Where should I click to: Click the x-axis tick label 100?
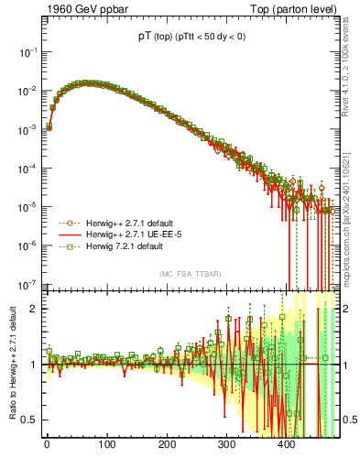click(x=106, y=446)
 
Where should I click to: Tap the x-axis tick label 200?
click(x=167, y=446)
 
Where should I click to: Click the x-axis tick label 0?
click(x=47, y=446)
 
